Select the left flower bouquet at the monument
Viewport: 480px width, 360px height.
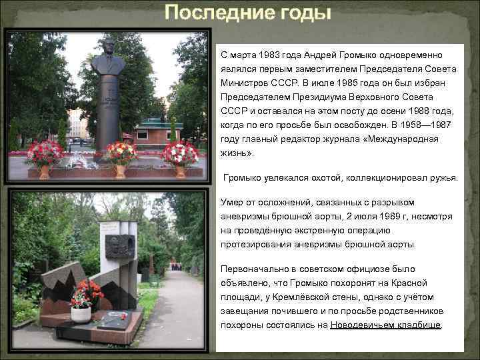pyautogui.click(x=45, y=154)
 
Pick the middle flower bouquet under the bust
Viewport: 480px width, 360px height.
pyautogui.click(x=120, y=153)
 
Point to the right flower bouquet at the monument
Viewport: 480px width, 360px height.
pyautogui.click(x=179, y=153)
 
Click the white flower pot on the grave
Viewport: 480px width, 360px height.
pyautogui.click(x=81, y=313)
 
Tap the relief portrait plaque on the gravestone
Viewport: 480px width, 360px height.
pyautogui.click(x=119, y=247)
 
